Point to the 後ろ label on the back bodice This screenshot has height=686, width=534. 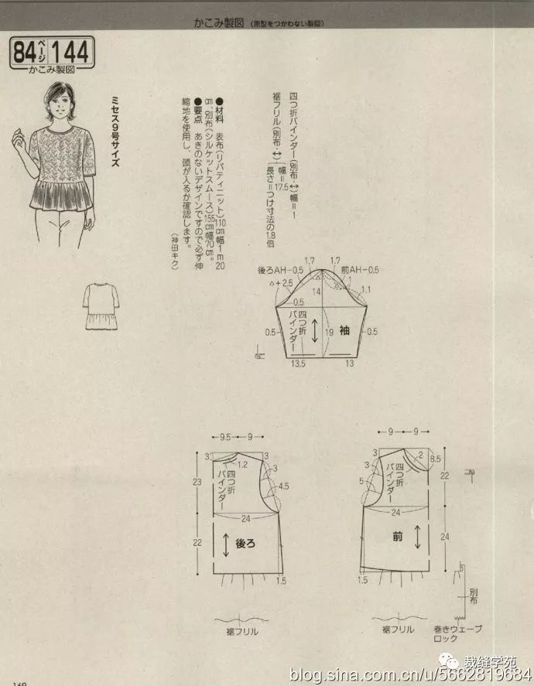244,544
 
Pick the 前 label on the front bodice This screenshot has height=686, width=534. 397,536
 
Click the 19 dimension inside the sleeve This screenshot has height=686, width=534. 330,331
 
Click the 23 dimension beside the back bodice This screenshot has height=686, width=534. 198,482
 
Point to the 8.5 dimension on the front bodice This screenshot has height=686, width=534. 435,459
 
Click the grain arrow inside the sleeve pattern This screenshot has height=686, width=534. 316,331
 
